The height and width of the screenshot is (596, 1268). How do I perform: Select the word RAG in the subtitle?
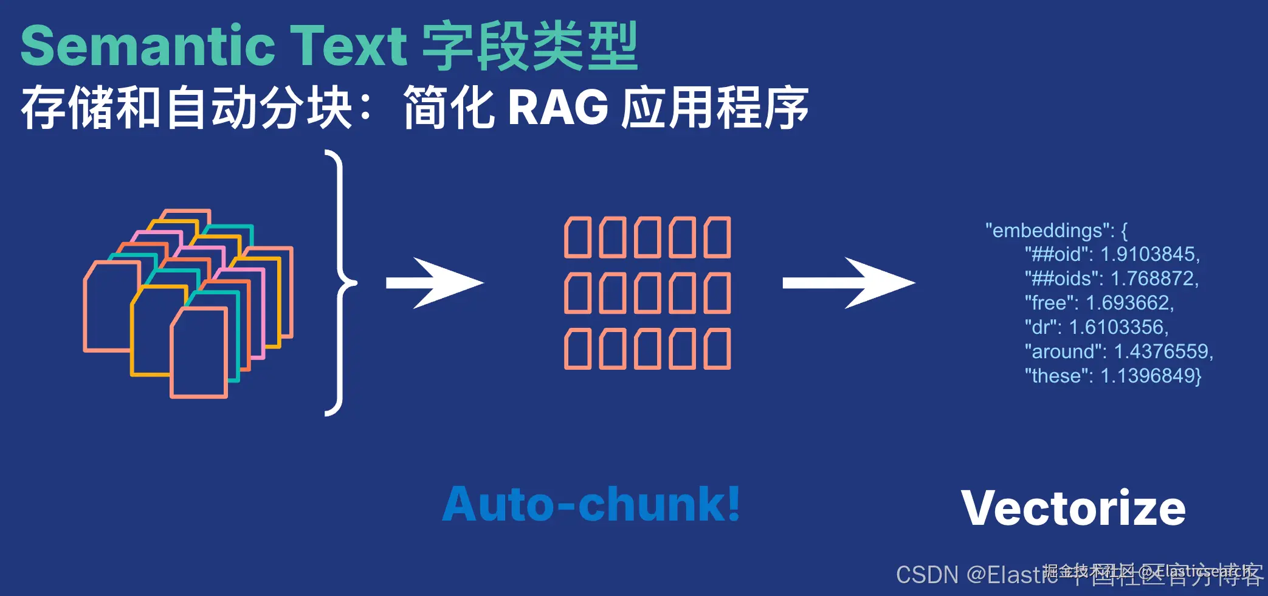[x=557, y=108]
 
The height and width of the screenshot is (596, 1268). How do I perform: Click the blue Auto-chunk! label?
[x=591, y=504]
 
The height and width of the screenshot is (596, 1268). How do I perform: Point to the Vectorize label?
[x=1073, y=508]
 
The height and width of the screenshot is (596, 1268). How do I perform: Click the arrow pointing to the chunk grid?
[x=435, y=283]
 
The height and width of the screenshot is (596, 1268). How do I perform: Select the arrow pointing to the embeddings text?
[x=849, y=283]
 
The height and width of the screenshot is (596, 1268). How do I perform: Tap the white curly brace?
[x=340, y=283]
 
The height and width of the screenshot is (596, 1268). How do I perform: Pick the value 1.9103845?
[x=1149, y=254]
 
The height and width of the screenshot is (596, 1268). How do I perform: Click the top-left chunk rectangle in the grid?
[x=577, y=237]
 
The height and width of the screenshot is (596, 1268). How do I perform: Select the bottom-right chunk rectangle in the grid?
[x=717, y=349]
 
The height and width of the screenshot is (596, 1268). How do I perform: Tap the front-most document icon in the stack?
[x=199, y=353]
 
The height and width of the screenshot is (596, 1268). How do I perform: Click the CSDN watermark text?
[x=927, y=575]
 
